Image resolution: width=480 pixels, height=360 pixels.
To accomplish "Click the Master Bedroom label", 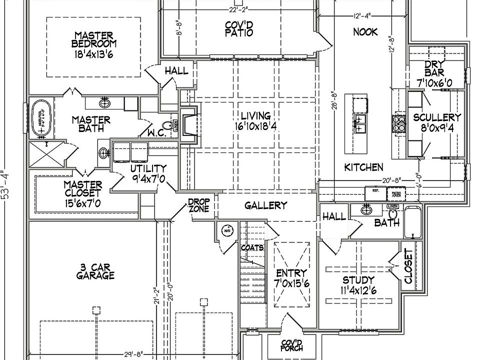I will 93,40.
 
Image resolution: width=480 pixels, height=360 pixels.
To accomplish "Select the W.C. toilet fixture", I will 167,125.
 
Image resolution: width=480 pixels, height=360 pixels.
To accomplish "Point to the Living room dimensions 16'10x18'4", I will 256,126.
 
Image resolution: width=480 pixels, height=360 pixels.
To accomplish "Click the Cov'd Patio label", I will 238,28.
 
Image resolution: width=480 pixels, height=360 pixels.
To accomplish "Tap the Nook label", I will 365,32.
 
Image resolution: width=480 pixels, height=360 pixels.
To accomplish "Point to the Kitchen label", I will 363,167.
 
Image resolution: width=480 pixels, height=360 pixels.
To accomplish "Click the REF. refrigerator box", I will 373,190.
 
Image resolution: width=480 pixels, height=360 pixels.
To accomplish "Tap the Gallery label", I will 265,205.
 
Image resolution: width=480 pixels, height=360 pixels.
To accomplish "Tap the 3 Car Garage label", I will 95,270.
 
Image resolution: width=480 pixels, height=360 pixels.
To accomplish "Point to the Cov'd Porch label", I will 292,344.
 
